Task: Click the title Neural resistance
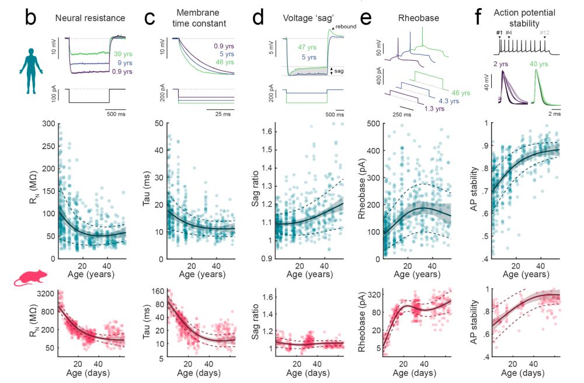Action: click(x=90, y=18)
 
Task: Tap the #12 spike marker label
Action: click(x=544, y=32)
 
